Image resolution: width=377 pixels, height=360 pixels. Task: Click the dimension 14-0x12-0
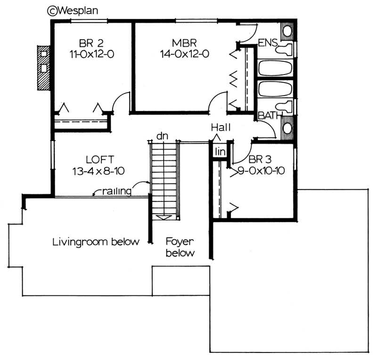point(184,54)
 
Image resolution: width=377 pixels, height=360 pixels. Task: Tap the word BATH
point(269,115)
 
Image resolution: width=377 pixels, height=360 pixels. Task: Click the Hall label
point(220,127)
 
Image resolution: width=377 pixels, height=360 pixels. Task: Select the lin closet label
point(220,151)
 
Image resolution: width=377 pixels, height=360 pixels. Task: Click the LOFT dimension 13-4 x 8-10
point(98,170)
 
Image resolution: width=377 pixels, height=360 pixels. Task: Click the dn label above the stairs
point(163,136)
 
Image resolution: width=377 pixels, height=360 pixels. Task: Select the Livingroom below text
point(96,243)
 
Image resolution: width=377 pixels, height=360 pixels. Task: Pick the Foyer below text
point(180,247)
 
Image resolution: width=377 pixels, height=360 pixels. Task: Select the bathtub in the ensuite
point(275,68)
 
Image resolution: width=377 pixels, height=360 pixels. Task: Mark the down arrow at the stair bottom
point(164,217)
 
